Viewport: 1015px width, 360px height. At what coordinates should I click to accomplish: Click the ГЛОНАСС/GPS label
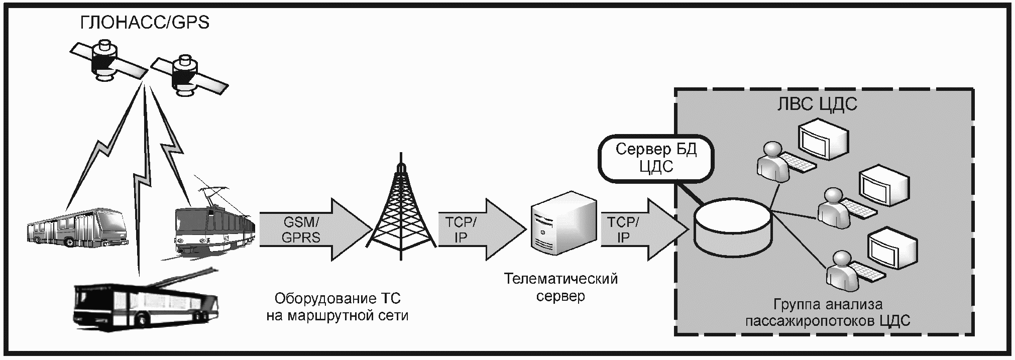[145, 23]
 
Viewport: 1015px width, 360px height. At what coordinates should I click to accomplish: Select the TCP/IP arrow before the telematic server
[477, 229]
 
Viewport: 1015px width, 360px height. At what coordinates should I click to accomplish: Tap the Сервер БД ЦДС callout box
[656, 158]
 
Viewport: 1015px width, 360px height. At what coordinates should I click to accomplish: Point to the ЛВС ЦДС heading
[817, 104]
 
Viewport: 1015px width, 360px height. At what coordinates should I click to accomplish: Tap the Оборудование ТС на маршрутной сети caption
[337, 307]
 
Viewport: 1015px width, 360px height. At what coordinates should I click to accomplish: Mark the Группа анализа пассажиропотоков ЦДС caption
[828, 312]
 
